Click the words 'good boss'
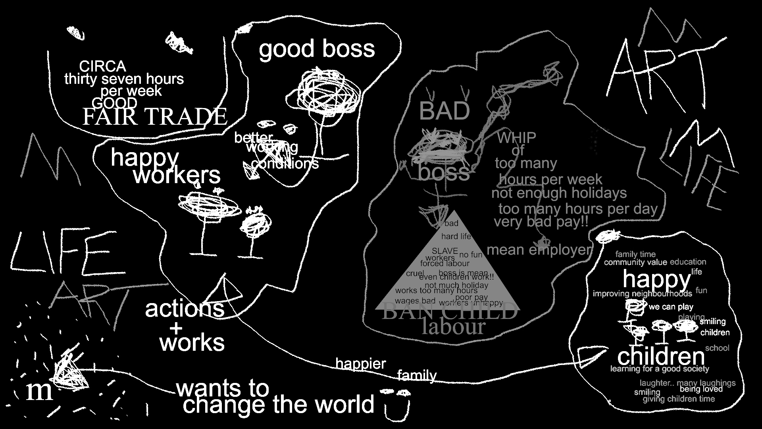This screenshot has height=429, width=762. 317,49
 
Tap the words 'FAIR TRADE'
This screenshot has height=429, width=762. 154,117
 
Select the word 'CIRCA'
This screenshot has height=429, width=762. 102,66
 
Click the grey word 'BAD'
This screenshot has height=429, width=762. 444,111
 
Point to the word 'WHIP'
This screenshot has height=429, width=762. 516,138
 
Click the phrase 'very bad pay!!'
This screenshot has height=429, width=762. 541,222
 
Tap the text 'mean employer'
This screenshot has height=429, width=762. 539,250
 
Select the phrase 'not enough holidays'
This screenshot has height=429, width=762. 559,193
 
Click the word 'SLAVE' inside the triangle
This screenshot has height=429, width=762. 444,251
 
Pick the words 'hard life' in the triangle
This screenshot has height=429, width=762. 456,237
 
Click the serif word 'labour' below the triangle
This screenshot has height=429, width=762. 453,327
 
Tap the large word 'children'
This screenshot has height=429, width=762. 660,356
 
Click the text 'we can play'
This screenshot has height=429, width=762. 671,307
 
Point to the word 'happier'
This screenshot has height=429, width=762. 360,363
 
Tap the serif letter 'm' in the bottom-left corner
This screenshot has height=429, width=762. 39,391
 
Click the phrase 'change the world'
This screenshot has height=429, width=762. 279,405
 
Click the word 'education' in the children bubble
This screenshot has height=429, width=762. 688,262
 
